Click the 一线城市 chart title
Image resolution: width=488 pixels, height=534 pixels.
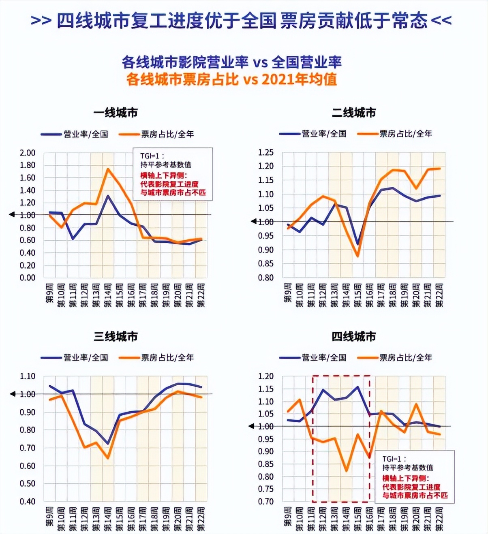coord(116,113)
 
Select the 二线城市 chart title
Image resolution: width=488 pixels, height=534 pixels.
coord(354,113)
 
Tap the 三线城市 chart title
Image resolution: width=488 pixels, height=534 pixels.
coord(116,336)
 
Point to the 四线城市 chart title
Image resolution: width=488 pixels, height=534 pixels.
coord(354,336)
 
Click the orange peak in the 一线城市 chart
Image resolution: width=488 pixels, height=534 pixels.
coord(108,169)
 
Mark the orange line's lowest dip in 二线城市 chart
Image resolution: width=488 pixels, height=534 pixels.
coord(357,256)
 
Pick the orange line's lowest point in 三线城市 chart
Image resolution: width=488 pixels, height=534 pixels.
coord(108,458)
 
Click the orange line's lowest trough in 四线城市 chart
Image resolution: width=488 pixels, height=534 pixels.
coord(346,471)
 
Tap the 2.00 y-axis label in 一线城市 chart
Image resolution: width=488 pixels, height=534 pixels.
coord(28,153)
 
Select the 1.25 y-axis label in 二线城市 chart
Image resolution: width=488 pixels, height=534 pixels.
coord(266,152)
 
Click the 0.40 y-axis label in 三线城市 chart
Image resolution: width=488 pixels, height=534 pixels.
coord(28,501)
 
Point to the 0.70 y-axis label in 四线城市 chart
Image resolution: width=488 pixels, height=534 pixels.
coord(266,501)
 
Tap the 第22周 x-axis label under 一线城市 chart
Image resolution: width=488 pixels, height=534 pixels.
coord(201,295)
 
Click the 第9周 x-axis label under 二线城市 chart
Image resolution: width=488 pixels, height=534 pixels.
coord(288,293)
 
